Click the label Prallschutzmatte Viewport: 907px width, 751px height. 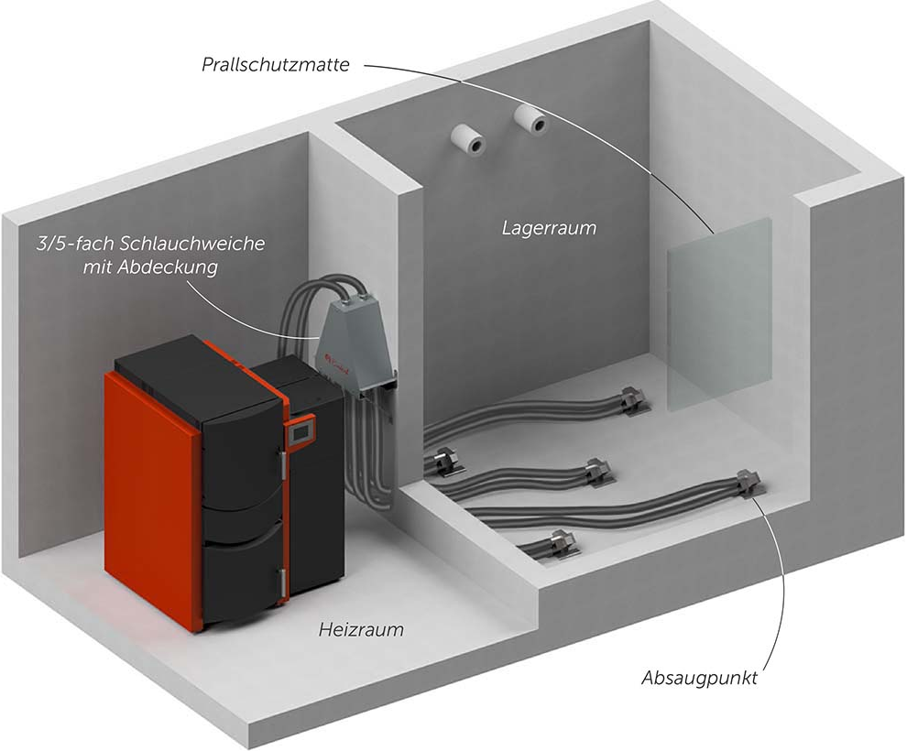coord(274,65)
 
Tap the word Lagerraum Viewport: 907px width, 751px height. coord(549,227)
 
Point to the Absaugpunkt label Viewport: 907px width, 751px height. coord(700,679)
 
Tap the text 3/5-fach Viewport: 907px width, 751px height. coord(67,245)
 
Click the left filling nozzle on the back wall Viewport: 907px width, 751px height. coord(470,137)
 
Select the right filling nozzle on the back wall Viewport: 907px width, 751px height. coord(530,118)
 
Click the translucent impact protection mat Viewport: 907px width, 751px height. coord(719,311)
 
